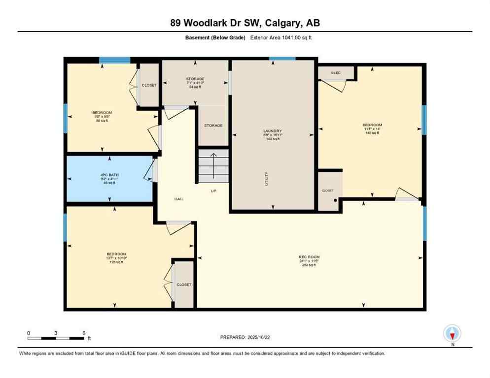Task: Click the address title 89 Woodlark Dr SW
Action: tap(245, 23)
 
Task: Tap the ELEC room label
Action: tap(336, 73)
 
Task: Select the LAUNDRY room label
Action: tap(273, 131)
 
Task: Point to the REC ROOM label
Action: tap(309, 257)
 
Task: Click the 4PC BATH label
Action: tap(109, 175)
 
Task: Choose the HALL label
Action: tap(178, 199)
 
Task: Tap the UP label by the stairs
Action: tap(213, 191)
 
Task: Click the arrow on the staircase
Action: tap(213, 165)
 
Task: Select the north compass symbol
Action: tap(452, 333)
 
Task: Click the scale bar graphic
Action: tap(56, 338)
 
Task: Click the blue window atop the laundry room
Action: tap(282, 59)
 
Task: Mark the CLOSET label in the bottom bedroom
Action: tap(184, 284)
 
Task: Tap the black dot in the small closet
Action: tap(336, 200)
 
